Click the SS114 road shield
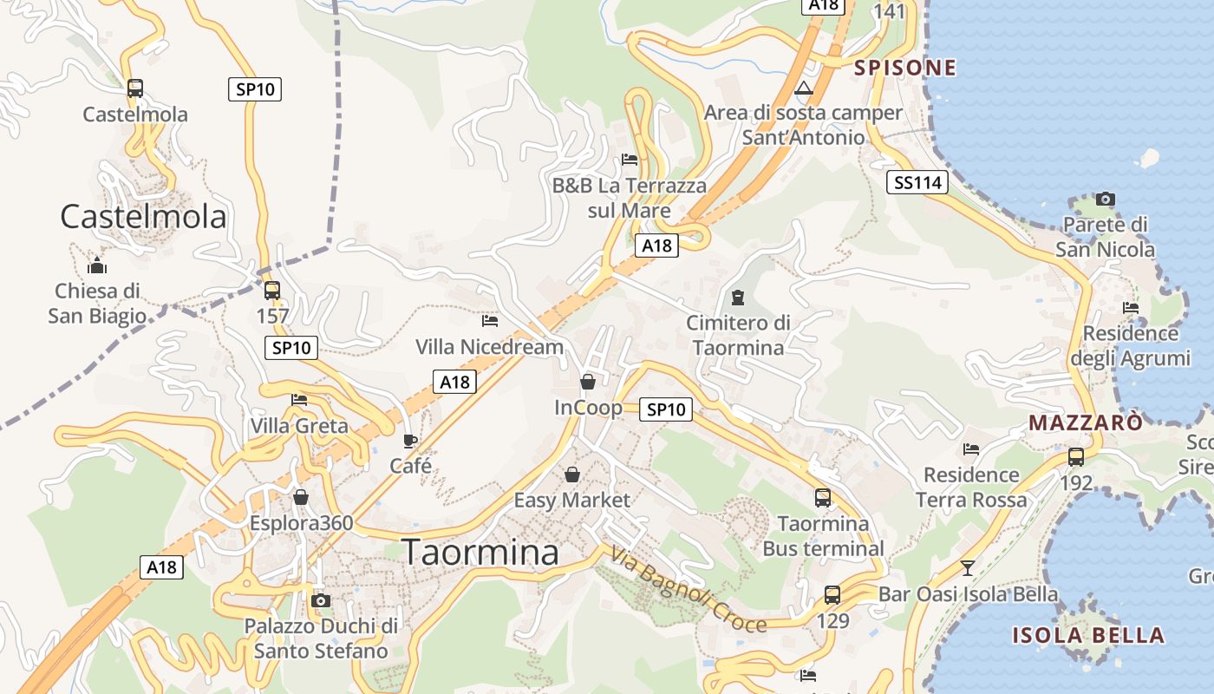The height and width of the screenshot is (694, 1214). click(x=918, y=182)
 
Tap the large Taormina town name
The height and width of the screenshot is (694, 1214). click(x=481, y=553)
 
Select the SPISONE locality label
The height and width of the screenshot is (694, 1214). click(x=905, y=68)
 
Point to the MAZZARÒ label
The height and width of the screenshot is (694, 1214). click(x=1086, y=423)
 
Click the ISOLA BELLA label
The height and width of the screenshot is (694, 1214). click(x=1088, y=635)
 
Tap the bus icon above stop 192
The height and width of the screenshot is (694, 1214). click(x=1076, y=456)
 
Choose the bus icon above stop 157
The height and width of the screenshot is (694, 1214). click(x=272, y=291)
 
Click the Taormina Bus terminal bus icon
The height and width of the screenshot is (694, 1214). click(x=823, y=498)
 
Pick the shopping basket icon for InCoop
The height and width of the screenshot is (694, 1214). click(x=588, y=382)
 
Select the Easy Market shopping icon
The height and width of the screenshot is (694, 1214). click(x=572, y=475)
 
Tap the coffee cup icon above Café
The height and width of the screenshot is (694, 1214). click(x=410, y=441)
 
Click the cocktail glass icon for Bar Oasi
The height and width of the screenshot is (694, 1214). click(x=968, y=568)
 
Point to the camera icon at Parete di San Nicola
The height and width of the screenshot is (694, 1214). click(x=1106, y=199)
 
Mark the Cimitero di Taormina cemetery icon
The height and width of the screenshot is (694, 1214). click(x=738, y=298)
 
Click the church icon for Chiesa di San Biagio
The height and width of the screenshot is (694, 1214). click(x=97, y=265)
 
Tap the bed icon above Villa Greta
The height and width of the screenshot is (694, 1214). click(x=299, y=400)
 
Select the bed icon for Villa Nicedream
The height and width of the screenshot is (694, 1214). click(x=490, y=321)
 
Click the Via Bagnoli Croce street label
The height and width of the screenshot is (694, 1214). click(x=689, y=590)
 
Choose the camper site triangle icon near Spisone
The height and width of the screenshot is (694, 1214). click(x=805, y=88)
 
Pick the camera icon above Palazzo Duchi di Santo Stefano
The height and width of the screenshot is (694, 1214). click(x=321, y=600)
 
